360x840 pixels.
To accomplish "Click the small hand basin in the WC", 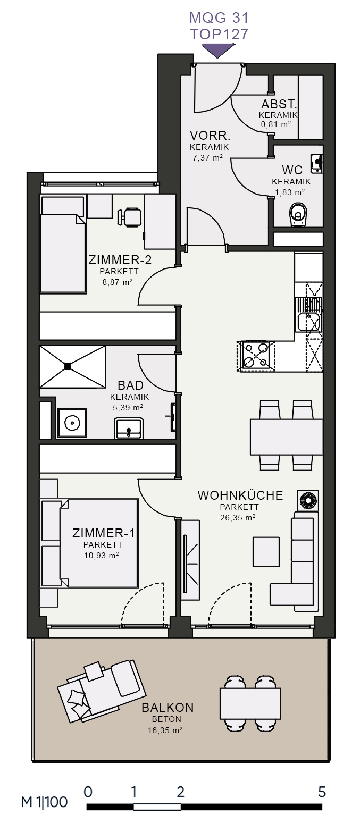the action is point(316,164).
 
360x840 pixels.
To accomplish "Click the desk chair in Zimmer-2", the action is point(130,217).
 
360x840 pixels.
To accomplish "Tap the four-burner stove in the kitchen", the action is point(256,355).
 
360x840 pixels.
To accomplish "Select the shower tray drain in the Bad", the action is point(68,366).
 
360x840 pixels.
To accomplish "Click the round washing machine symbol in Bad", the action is point(72,423).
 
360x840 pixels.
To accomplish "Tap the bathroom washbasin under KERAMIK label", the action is point(129,429).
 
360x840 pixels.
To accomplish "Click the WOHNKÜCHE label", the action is point(240,495).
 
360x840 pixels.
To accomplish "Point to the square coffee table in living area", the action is point(266,552).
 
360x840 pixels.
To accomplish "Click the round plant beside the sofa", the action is point(308,500).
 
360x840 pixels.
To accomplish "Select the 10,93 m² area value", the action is point(101,556).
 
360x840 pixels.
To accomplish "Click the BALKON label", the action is point(168,708).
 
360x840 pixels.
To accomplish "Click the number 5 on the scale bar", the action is point(322,791).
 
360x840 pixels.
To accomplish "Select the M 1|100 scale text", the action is point(44,802).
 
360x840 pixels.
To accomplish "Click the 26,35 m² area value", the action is point(238,517).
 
